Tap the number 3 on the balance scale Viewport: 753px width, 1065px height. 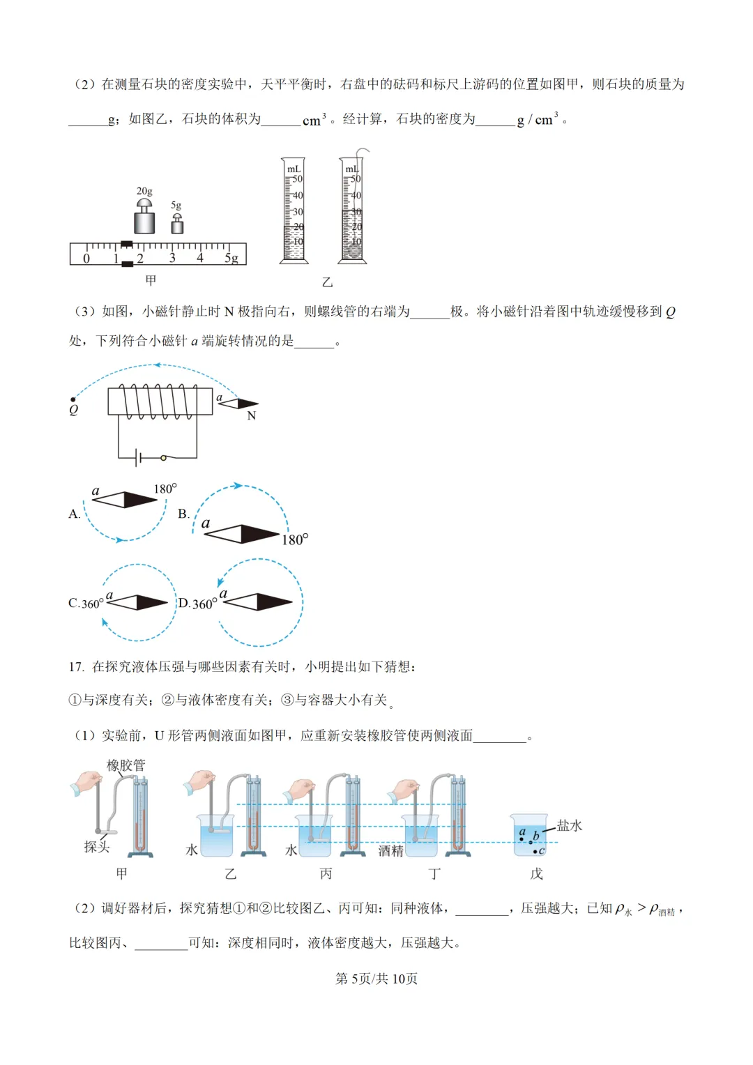(172, 259)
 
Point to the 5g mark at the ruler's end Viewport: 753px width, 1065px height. (231, 259)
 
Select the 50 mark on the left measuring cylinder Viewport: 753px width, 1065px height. (297, 179)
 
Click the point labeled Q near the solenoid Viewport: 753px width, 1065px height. (73, 400)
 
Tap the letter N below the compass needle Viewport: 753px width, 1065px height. (252, 416)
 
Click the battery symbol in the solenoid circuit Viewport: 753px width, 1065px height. (139, 458)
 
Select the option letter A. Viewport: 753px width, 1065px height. (74, 514)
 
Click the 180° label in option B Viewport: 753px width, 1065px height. (295, 540)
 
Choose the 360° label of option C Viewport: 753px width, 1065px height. (92, 604)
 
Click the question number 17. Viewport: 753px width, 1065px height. (75, 667)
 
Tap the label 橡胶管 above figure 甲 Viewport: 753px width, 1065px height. (125, 765)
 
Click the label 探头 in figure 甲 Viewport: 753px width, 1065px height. (96, 847)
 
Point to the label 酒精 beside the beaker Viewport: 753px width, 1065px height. (390, 851)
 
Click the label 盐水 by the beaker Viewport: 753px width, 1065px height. (569, 826)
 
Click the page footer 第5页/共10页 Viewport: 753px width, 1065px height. (376, 979)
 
